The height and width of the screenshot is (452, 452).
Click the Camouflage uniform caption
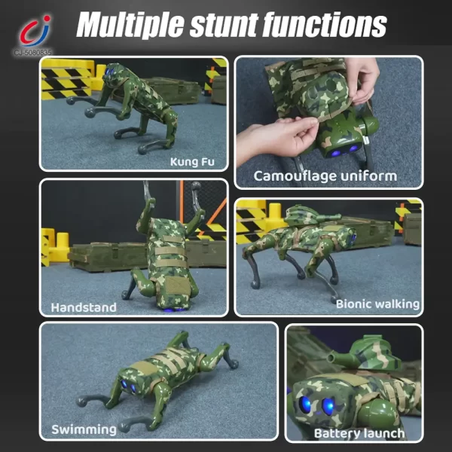click(325, 176)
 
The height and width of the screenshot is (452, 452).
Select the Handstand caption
click(83, 307)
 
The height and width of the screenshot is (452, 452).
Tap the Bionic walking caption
click(377, 304)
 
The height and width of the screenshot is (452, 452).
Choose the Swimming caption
click(84, 429)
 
